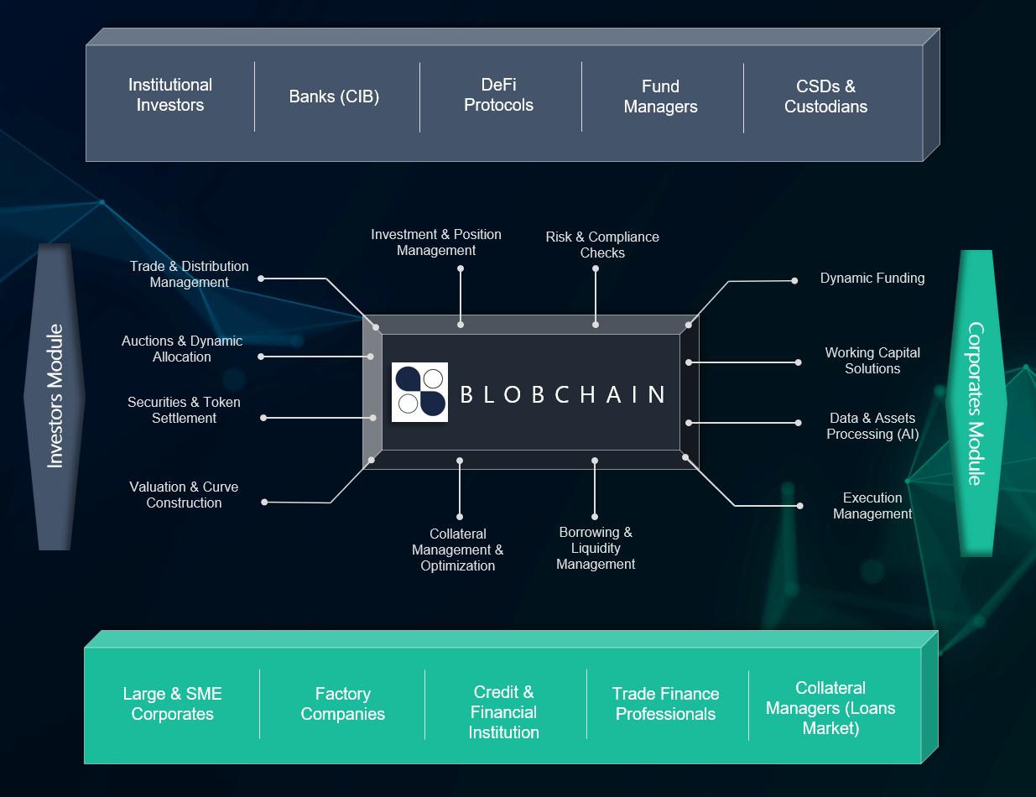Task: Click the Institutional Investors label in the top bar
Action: (x=170, y=95)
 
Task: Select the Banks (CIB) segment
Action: (x=334, y=96)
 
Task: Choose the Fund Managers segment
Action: (x=660, y=96)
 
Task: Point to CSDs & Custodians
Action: (x=825, y=96)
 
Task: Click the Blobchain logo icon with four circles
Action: (x=420, y=392)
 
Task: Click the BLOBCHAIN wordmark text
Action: (x=563, y=394)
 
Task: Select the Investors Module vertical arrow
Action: (x=55, y=396)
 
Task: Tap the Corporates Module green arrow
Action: (x=974, y=403)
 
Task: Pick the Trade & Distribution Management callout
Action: (x=189, y=274)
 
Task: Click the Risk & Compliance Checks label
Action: (x=602, y=245)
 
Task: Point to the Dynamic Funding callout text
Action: (x=872, y=278)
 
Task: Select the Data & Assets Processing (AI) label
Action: (x=872, y=426)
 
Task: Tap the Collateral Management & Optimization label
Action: (x=457, y=550)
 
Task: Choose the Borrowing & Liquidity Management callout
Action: (x=596, y=548)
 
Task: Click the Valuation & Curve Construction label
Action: (x=184, y=495)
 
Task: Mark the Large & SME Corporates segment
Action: (x=172, y=704)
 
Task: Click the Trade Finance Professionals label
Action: (x=665, y=704)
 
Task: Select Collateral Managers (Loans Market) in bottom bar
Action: (x=830, y=708)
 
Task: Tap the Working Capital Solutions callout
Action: (x=872, y=361)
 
